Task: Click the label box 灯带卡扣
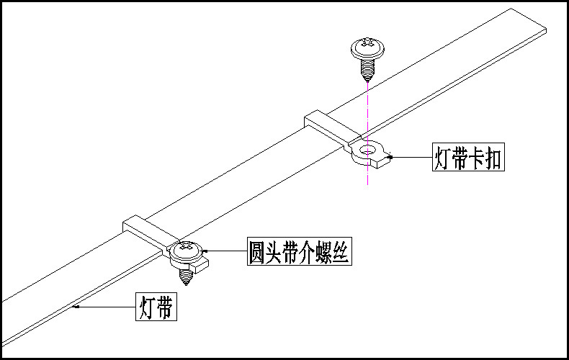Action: tap(467, 157)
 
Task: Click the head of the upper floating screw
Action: tap(368, 48)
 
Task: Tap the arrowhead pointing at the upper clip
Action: tap(389, 156)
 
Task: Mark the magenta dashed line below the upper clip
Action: tap(367, 176)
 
